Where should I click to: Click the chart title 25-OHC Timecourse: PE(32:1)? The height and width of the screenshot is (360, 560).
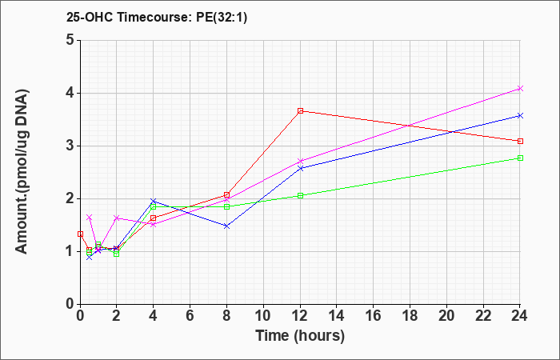[157, 18]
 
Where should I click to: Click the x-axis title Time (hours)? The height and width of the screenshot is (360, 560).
[300, 336]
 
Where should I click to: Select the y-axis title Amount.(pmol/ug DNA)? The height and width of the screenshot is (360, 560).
[22, 172]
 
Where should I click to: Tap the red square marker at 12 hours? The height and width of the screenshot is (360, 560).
[300, 110]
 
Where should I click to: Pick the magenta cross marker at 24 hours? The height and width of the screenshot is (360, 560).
[520, 88]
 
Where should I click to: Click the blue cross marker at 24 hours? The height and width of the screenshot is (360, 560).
[520, 115]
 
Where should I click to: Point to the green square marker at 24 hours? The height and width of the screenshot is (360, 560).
[520, 158]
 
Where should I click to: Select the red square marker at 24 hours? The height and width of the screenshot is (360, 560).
[520, 141]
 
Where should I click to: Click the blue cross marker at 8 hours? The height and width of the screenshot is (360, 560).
[226, 226]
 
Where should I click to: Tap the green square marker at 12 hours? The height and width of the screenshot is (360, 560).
[300, 195]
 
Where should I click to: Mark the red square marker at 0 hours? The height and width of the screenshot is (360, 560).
[80, 234]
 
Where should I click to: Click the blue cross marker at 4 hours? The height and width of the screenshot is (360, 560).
[154, 201]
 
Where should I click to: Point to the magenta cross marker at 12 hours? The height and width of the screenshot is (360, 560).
[300, 161]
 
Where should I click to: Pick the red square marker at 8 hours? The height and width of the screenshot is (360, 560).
[226, 194]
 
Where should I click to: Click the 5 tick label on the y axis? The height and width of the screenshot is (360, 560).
[70, 40]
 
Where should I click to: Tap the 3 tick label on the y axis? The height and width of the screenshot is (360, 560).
[70, 146]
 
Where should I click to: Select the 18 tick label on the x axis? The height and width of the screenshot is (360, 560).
[410, 315]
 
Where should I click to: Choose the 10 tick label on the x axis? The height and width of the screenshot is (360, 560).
[263, 315]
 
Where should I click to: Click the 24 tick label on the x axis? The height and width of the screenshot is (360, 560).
[520, 315]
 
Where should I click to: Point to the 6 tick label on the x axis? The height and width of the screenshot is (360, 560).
[190, 315]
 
